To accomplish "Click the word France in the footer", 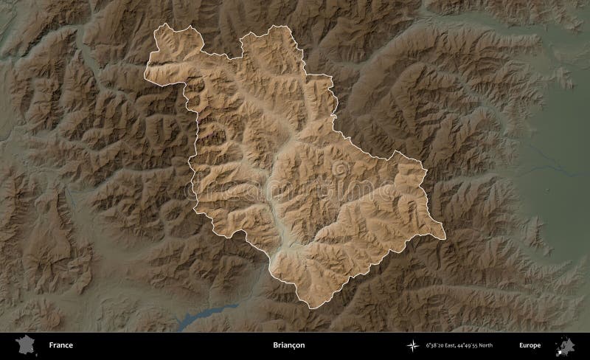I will [x=61, y=345].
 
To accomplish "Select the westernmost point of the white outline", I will [x=145, y=75].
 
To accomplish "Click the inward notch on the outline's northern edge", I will [x=242, y=58].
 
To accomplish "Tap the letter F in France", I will [x=51, y=345].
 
